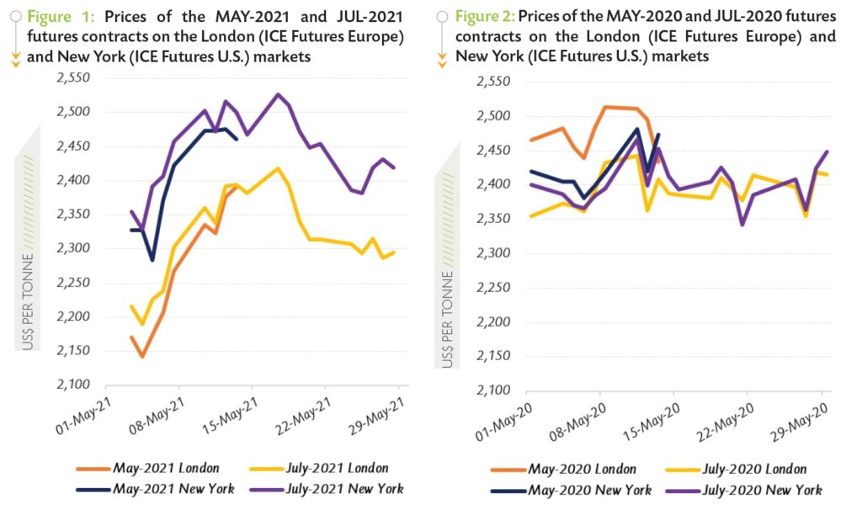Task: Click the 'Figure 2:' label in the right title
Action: point(484,17)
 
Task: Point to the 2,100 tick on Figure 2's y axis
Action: point(492,391)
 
